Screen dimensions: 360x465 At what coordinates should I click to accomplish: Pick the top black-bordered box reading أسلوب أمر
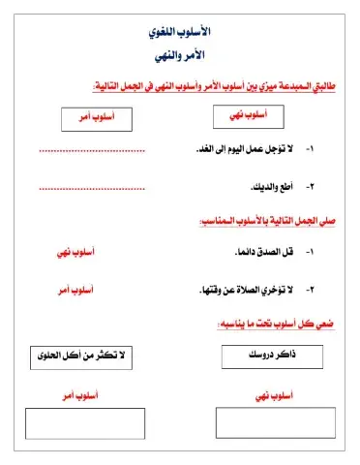point(94,118)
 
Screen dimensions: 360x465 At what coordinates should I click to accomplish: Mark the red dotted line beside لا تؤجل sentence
point(92,152)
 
